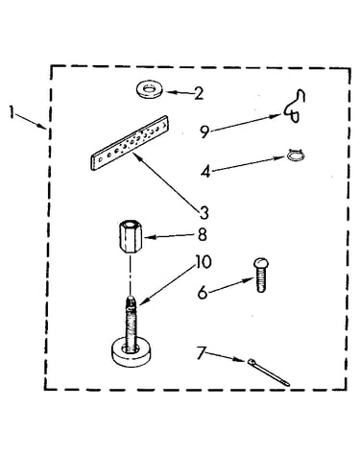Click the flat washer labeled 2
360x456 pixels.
click(x=149, y=89)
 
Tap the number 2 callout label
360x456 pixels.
click(x=199, y=93)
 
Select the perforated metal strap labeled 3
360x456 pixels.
click(x=130, y=143)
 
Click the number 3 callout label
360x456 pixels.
click(x=204, y=213)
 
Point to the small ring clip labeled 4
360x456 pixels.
click(x=296, y=155)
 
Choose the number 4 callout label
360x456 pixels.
click(x=206, y=172)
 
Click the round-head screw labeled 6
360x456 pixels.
click(x=261, y=276)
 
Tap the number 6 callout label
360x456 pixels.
click(x=203, y=293)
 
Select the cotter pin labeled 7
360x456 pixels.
click(x=268, y=372)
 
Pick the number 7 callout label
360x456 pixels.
click(x=201, y=352)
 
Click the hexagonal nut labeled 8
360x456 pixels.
click(x=130, y=237)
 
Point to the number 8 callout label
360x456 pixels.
click(x=203, y=234)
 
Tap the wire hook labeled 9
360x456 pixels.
click(x=295, y=106)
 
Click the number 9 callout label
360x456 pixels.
click(x=204, y=132)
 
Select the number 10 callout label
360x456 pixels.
click(x=204, y=262)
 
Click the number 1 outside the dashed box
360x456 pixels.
click(x=12, y=112)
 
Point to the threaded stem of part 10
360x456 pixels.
click(x=131, y=324)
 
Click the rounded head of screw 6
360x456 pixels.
click(x=261, y=263)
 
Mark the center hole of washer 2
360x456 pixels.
click(x=149, y=88)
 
